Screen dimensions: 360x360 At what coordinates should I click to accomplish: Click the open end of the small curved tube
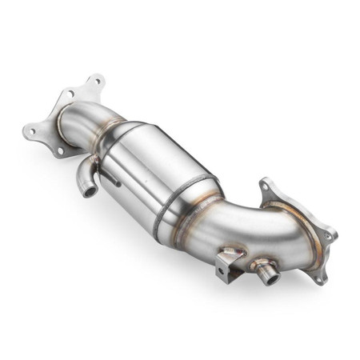click(86, 192)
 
